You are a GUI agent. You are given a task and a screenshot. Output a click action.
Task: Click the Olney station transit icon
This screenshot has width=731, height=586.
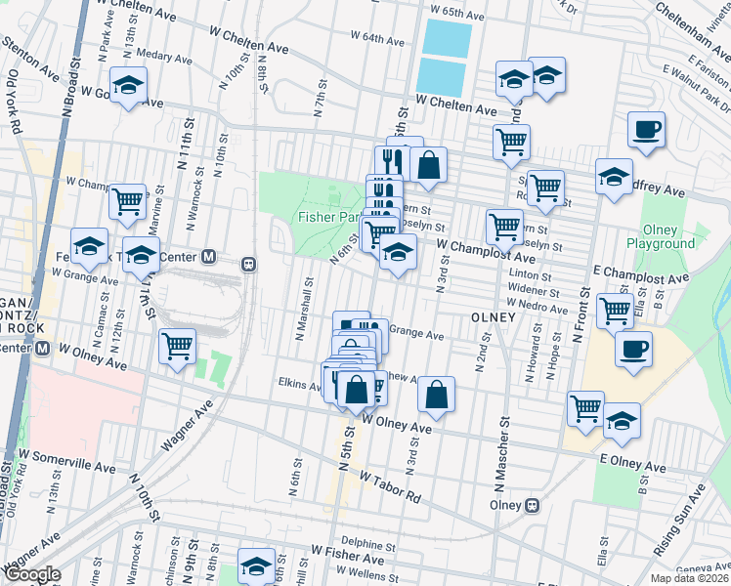tap(533, 505)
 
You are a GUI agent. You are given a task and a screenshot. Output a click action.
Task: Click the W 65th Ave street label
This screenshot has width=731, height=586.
tap(457, 15)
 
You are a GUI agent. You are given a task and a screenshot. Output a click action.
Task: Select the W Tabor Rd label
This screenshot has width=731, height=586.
tap(391, 486)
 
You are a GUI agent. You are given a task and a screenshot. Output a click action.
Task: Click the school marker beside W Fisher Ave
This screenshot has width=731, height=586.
tap(257, 566)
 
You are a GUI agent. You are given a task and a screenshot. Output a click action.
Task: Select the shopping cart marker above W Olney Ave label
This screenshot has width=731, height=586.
tap(177, 345)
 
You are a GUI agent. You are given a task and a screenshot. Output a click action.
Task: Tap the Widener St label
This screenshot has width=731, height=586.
tap(533, 291)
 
